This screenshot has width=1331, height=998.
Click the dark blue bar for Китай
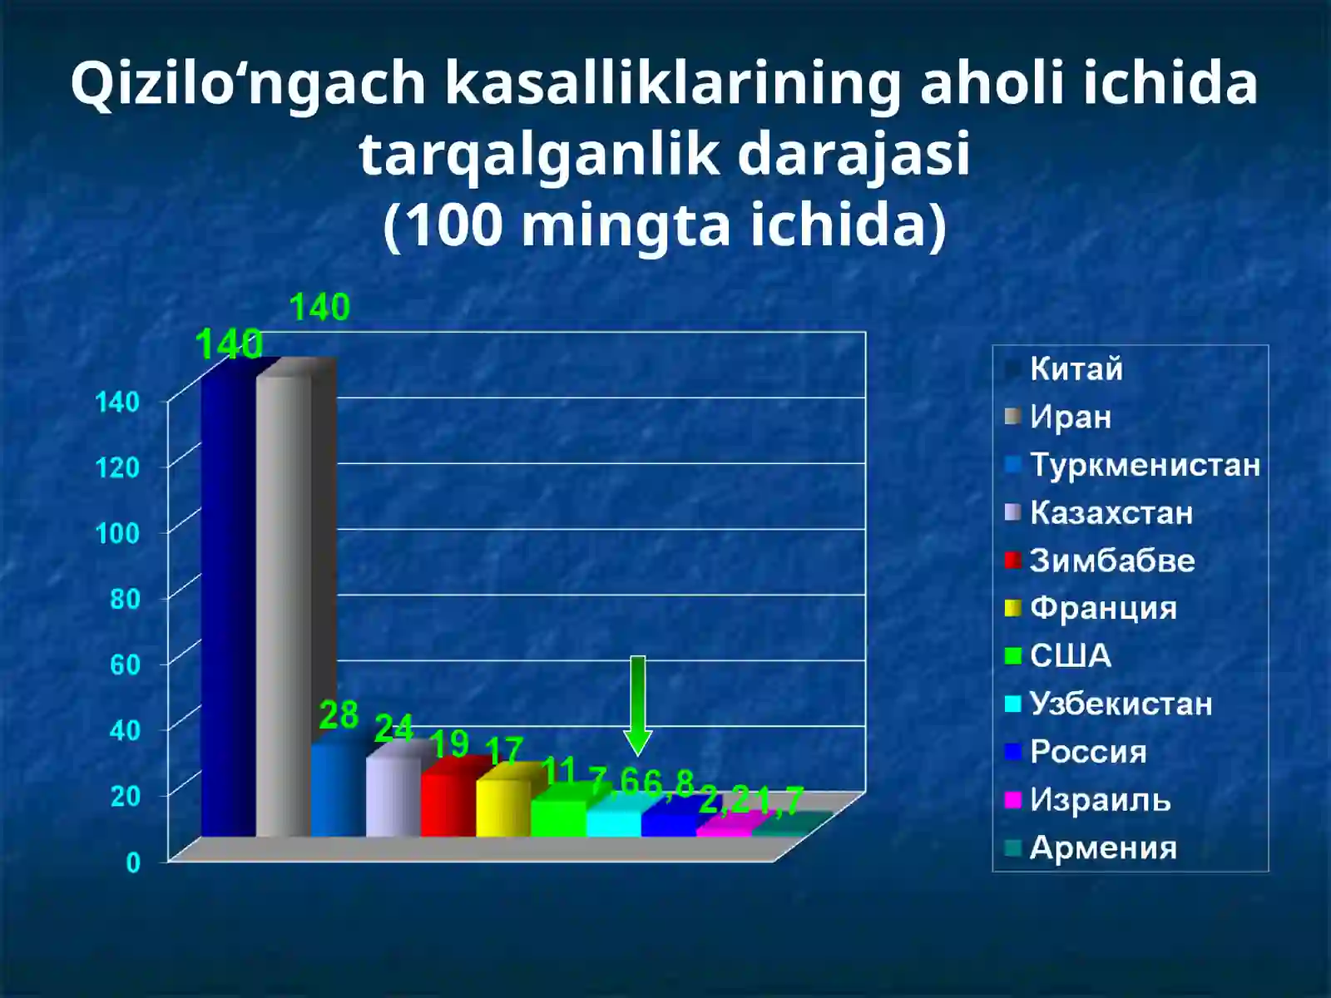point(227,607)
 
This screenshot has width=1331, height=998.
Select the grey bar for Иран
point(284,607)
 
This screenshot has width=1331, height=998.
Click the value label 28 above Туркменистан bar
point(339,715)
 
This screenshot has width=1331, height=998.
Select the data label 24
point(393,729)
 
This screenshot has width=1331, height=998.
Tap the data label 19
point(449,744)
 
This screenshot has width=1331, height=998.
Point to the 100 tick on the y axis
point(117,533)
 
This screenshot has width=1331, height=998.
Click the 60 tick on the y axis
point(125,665)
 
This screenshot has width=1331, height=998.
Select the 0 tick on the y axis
point(133,862)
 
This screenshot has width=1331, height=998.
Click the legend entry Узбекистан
point(1121,704)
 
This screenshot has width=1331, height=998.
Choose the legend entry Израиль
point(1100,800)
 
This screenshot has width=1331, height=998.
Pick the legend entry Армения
point(1103,848)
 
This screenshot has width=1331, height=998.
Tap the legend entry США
point(1070,656)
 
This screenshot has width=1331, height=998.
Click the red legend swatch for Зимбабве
point(1012,561)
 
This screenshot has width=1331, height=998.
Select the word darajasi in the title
point(854,155)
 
